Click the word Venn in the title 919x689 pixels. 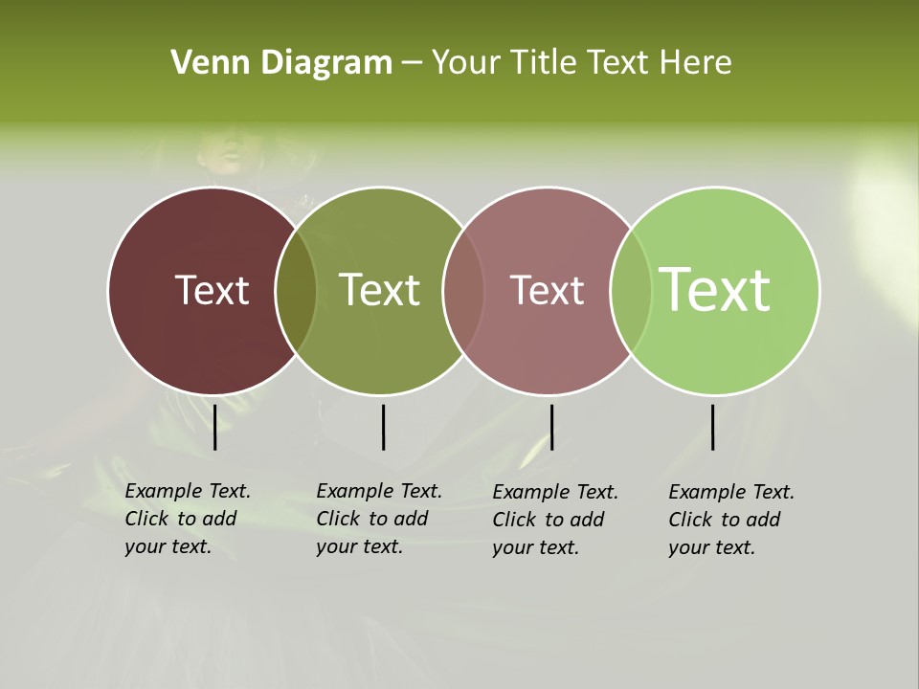(x=199, y=63)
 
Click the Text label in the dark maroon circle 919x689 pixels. (x=212, y=290)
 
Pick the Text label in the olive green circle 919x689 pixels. (x=379, y=290)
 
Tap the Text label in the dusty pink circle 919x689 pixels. (x=547, y=290)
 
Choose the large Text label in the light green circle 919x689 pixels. (x=714, y=290)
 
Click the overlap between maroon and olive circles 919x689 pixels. (x=296, y=290)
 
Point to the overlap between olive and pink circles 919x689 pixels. (x=463, y=290)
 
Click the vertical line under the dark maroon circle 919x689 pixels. (x=215, y=427)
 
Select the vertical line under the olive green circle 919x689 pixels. (x=383, y=427)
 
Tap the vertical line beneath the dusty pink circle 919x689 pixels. (x=551, y=427)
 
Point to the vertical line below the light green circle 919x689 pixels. (x=713, y=427)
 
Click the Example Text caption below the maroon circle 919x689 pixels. (x=187, y=519)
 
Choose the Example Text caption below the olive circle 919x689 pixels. (x=378, y=519)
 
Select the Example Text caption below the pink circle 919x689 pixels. (x=555, y=520)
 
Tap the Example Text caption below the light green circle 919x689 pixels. (x=730, y=520)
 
